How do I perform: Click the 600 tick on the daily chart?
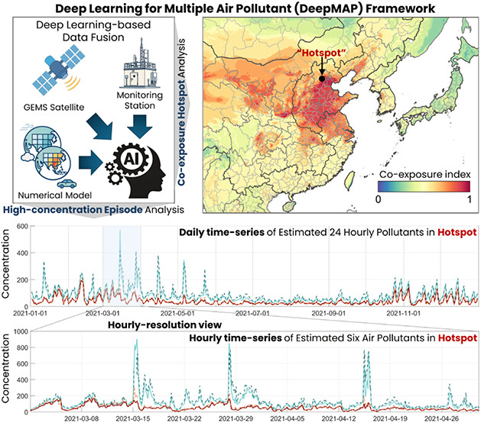pyautogui.click(x=21, y=228)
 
